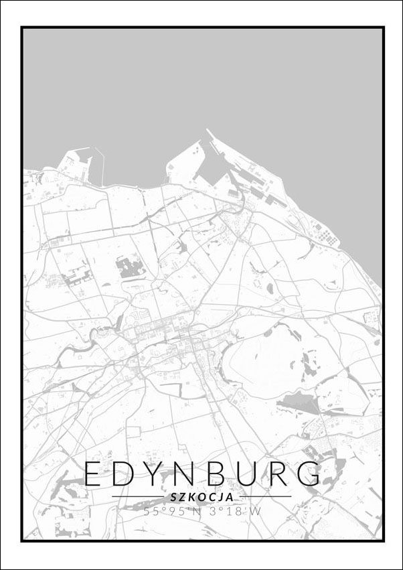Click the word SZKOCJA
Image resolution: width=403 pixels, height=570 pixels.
[201, 497]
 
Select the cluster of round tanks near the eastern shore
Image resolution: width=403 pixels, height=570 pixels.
[327, 236]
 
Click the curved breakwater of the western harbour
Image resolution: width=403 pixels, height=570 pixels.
[100, 164]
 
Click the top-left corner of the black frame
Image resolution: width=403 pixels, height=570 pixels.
[22, 27]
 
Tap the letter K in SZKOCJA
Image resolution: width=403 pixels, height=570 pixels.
[191, 497]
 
